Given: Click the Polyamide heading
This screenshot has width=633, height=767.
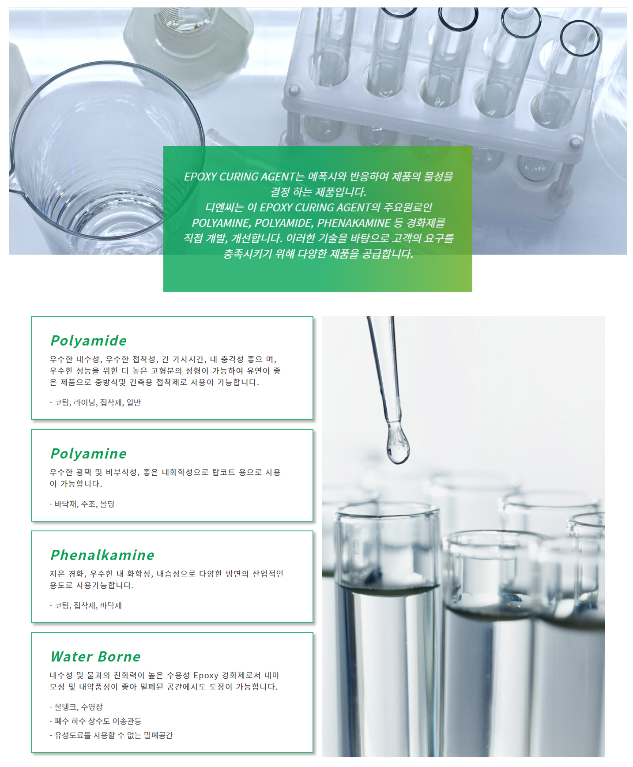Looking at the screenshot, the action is (x=89, y=341).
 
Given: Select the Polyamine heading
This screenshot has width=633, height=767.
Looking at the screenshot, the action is (x=89, y=454).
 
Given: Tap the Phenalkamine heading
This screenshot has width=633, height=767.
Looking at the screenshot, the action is (x=102, y=555).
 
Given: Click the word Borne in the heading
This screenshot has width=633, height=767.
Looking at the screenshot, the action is (x=119, y=656).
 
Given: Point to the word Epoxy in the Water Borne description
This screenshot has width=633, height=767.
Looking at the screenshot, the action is (x=206, y=676).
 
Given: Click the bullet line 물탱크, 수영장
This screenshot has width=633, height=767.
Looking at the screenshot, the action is (x=76, y=707).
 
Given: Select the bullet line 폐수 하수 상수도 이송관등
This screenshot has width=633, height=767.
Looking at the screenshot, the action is (x=95, y=721).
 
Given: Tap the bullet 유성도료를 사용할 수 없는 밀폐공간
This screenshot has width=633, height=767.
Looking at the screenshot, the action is (x=111, y=735).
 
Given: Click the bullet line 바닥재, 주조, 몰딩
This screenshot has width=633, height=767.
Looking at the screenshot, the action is (x=82, y=504).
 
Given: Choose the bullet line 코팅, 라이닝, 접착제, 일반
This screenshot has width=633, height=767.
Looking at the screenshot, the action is (x=95, y=402).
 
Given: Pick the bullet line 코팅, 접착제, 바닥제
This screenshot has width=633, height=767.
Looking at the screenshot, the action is (x=86, y=605).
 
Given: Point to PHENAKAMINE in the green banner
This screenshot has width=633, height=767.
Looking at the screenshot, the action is (x=354, y=223).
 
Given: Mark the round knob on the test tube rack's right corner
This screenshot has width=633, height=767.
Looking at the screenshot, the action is (x=575, y=143).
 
